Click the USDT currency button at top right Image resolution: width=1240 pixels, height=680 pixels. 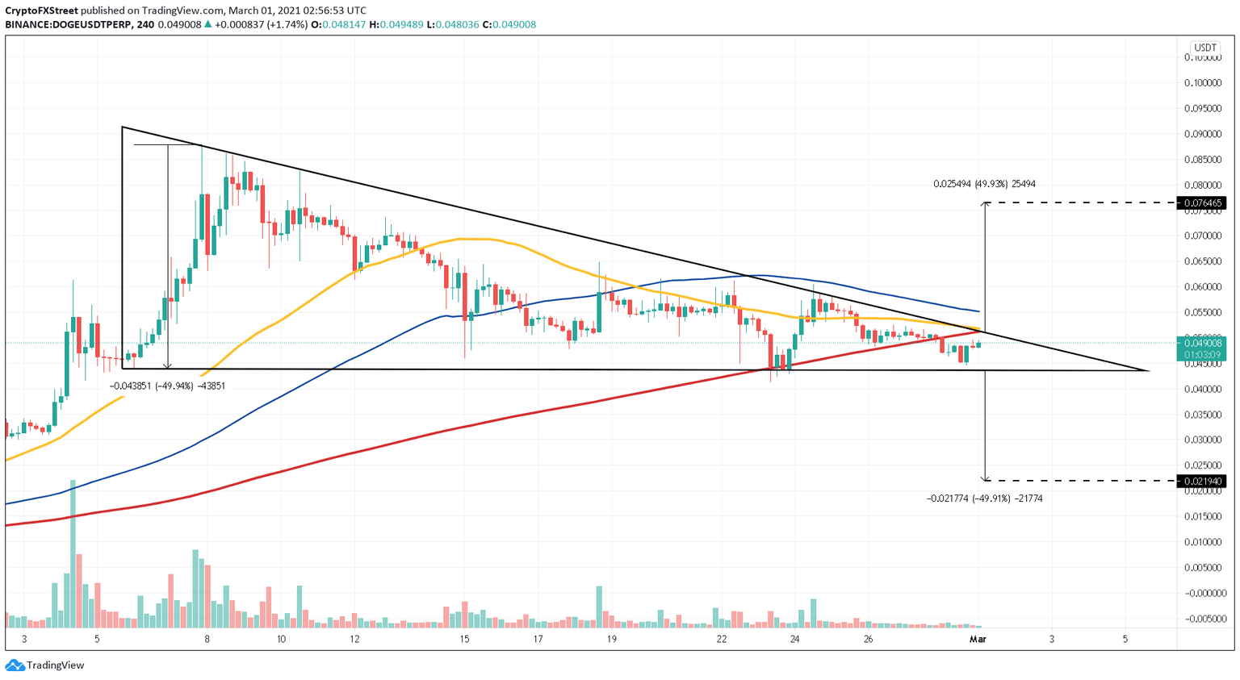[1205, 48]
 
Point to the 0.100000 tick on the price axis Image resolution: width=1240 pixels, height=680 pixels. [1203, 83]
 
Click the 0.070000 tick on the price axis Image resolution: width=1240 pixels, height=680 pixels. [1203, 236]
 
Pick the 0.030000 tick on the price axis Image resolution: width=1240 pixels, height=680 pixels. [1203, 440]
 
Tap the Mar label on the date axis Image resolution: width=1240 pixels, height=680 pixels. [978, 640]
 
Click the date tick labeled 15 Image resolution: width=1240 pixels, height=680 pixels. [464, 640]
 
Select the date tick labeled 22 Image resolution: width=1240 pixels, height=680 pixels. [722, 640]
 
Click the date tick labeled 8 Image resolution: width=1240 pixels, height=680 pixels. [207, 640]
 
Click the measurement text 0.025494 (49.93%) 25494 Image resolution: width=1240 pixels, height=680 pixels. [984, 184]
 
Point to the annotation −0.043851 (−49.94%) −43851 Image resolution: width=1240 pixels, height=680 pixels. [167, 386]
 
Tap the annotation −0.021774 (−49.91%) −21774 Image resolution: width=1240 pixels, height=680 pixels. [984, 499]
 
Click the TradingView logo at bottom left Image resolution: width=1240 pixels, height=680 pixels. [45, 665]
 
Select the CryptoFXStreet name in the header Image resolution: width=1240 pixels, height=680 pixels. [41, 10]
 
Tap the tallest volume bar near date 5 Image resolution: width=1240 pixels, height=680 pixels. [73, 553]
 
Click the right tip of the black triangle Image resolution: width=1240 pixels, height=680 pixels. [1148, 371]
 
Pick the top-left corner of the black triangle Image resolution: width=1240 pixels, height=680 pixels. [122, 127]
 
